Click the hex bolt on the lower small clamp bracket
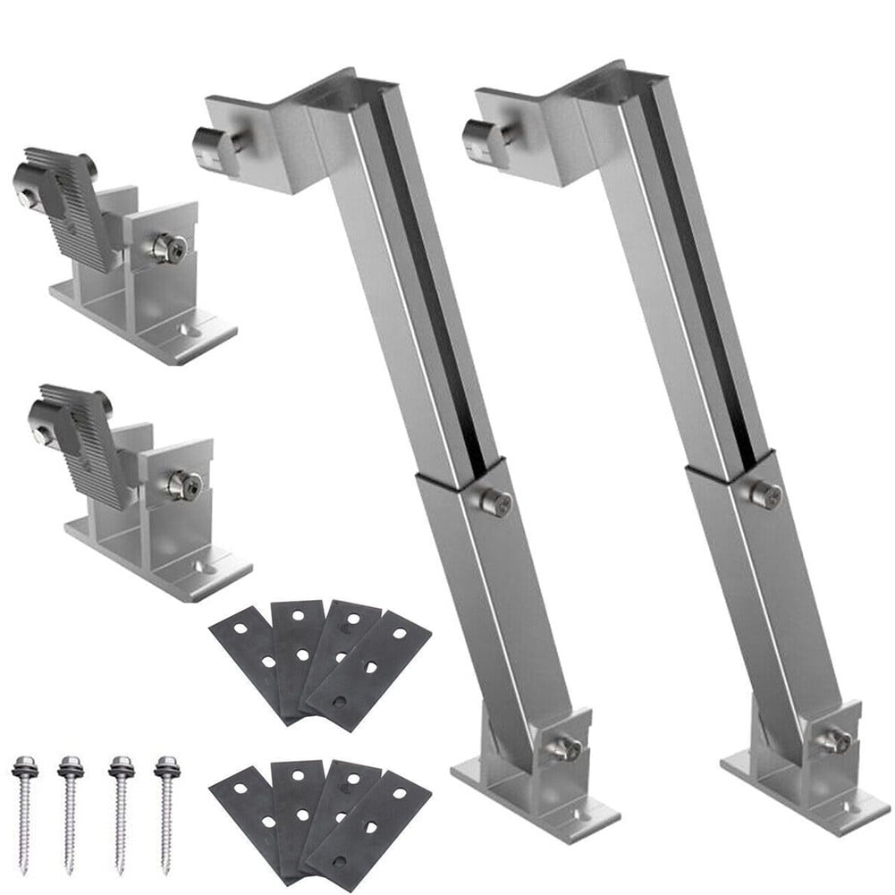[x=182, y=485]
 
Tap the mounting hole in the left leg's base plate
[x=577, y=815]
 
